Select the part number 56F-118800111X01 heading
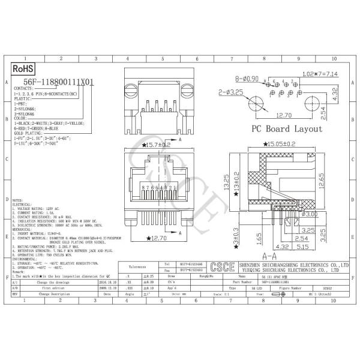click(x=59, y=83)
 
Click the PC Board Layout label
click(x=286, y=129)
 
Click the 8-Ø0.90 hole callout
click(x=246, y=79)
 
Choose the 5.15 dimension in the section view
click(x=302, y=246)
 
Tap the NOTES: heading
click(x=17, y=200)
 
